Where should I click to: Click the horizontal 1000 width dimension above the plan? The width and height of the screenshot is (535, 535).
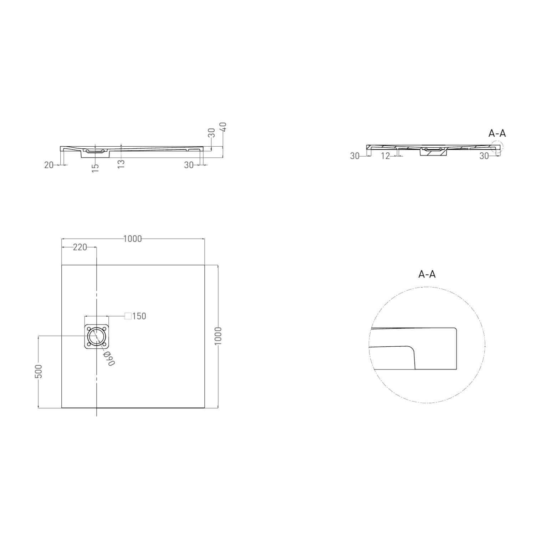(132, 239)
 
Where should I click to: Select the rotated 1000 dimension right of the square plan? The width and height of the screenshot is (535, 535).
(219, 336)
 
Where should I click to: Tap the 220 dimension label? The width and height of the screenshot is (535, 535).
(80, 247)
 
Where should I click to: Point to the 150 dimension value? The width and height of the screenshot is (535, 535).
(139, 316)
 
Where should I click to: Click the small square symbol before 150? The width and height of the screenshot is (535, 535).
(128, 316)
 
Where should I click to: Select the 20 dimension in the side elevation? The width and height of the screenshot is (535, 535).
(49, 165)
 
